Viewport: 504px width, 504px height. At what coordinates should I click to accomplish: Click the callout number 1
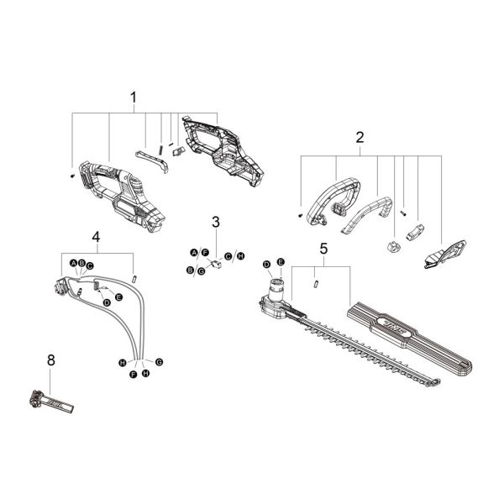pos(133,98)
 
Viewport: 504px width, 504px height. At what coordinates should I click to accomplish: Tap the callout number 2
pos(360,137)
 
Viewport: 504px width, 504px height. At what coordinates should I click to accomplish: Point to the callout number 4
pos(96,238)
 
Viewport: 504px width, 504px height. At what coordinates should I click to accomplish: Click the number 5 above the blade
pos(323,248)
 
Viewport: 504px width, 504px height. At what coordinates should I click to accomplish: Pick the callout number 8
pos(51,360)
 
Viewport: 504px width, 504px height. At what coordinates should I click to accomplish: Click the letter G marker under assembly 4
pos(159,361)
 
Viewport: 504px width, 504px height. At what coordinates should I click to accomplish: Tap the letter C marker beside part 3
pos(228,255)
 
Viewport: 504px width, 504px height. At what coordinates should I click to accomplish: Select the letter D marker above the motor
pos(266,265)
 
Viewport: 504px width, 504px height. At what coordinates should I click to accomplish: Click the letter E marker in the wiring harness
pos(119,297)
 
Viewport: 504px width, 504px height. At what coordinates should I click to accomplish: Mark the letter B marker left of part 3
pos(191,270)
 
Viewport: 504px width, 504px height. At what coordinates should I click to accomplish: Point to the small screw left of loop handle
pos(300,216)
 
